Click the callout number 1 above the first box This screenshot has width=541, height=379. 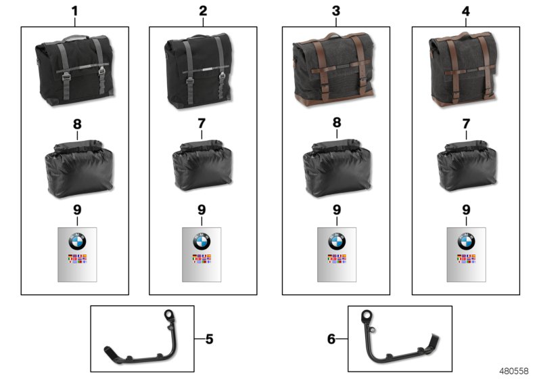pyautogui.click(x=74, y=11)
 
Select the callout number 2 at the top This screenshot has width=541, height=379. pyautogui.click(x=203, y=11)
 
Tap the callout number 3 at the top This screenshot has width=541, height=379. pyautogui.click(x=336, y=11)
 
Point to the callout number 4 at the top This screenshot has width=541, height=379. pyautogui.click(x=465, y=12)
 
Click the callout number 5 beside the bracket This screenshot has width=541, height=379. pyautogui.click(x=209, y=339)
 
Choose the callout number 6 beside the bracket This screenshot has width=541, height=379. pyautogui.click(x=331, y=339)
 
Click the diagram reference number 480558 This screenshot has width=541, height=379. pyautogui.click(x=514, y=371)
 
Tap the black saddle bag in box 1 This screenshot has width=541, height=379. pyautogui.click(x=75, y=70)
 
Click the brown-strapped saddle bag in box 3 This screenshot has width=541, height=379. pyautogui.click(x=334, y=69)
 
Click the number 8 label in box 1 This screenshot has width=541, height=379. pyautogui.click(x=77, y=124)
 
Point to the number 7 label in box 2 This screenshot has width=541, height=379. pyautogui.click(x=202, y=124)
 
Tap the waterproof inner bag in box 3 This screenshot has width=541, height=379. pyautogui.click(x=337, y=169)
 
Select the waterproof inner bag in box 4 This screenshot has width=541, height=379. pyautogui.click(x=467, y=166)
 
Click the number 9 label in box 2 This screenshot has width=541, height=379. pyautogui.click(x=202, y=210)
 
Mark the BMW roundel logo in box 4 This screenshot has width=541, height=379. pyautogui.click(x=467, y=241)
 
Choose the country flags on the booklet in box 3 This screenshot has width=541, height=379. pyautogui.click(x=337, y=259)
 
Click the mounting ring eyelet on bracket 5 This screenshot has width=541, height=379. pyautogui.click(x=170, y=315)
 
